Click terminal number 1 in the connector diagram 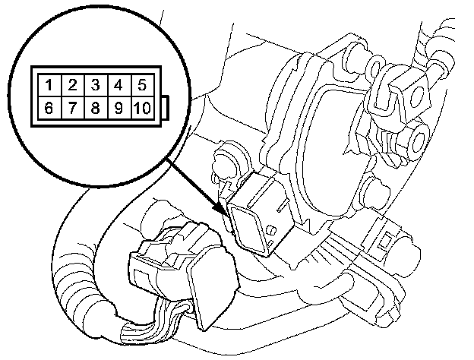pyautogui.click(x=49, y=84)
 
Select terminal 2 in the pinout pyautogui.click(x=71, y=84)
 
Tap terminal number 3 pyautogui.click(x=95, y=84)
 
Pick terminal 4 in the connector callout pyautogui.click(x=118, y=84)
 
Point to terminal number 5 pyautogui.click(x=141, y=84)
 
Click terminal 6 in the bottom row pyautogui.click(x=49, y=107)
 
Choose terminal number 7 pyautogui.click(x=71, y=107)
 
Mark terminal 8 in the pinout pyautogui.click(x=95, y=107)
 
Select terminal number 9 pyautogui.click(x=118, y=107)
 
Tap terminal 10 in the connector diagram pyautogui.click(x=141, y=107)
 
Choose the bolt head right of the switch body pyautogui.click(x=372, y=191)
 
